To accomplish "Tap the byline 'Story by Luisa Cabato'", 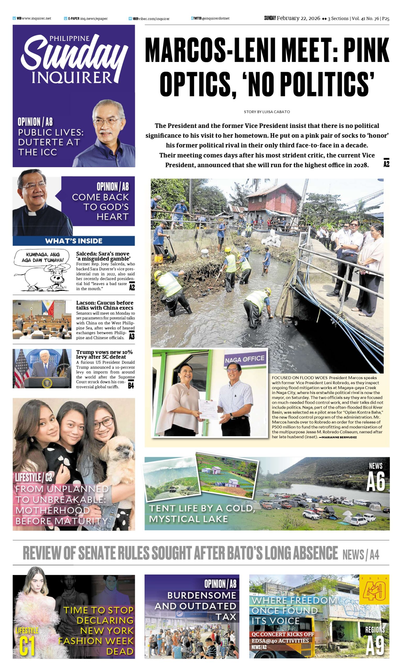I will point(267,112).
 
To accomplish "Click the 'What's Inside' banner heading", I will point(74,241).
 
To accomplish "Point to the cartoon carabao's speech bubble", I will point(42,257).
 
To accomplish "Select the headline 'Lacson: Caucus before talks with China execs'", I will point(105,305).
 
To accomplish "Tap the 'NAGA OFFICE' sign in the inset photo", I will point(245,359).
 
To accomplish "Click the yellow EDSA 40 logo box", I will point(374,590).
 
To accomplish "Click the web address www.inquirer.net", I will point(36,18).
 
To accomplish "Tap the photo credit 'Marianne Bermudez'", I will point(339,437).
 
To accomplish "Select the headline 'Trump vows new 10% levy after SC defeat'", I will point(104,354).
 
